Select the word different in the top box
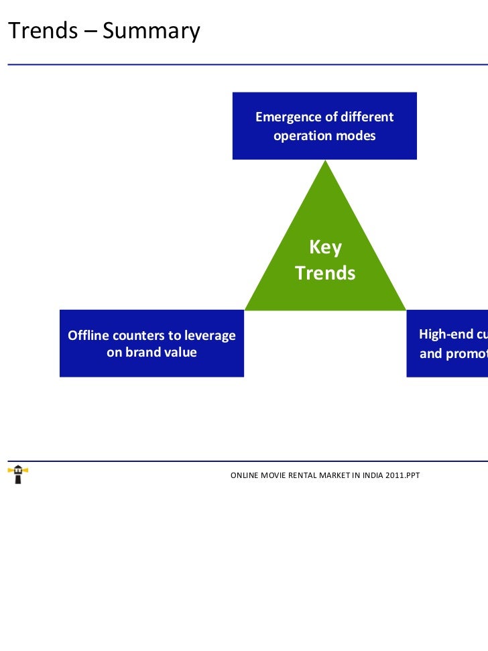(x=367, y=117)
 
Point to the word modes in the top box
(x=355, y=136)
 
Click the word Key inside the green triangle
(x=325, y=248)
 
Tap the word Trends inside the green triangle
(x=325, y=274)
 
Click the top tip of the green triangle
(x=325, y=162)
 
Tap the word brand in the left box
(x=141, y=353)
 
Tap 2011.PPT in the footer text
(x=400, y=475)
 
